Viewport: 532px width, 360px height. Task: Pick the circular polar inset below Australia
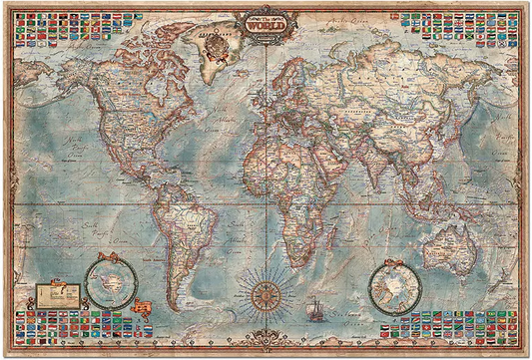point(394,286)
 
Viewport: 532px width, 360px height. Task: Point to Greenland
point(213,55)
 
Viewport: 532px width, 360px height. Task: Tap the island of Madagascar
point(341,231)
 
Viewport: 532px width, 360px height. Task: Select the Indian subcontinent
point(374,160)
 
